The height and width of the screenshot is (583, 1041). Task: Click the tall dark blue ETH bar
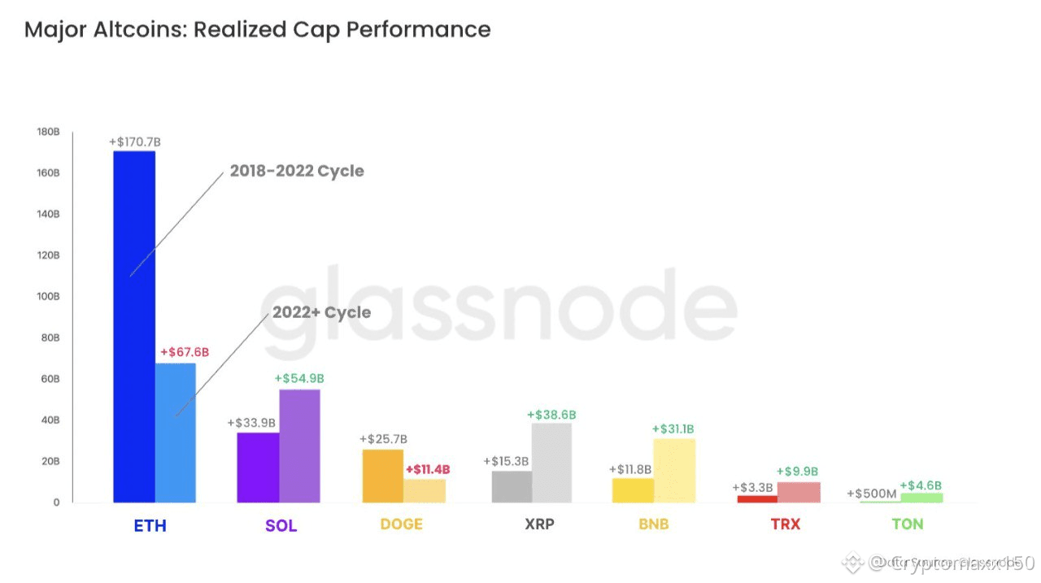click(x=134, y=325)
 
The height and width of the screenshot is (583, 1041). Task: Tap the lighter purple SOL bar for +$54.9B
click(x=299, y=446)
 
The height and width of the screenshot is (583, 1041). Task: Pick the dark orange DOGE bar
click(x=382, y=476)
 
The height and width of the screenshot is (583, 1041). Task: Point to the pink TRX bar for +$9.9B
click(x=798, y=492)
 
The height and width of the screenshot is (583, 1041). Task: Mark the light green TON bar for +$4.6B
click(x=921, y=497)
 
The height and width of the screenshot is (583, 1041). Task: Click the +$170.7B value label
click(x=135, y=142)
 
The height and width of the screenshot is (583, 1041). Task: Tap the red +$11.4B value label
click(x=428, y=469)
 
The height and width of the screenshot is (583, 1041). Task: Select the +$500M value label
click(x=872, y=494)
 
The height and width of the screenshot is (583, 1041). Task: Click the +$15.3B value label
click(x=506, y=461)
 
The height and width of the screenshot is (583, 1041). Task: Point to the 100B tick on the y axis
click(x=48, y=297)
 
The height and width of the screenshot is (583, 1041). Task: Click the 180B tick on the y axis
click(x=48, y=132)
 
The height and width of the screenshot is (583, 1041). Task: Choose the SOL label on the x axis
click(x=281, y=525)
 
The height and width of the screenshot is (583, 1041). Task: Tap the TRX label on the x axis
click(x=785, y=524)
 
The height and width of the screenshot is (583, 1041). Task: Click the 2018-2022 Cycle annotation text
click(x=297, y=172)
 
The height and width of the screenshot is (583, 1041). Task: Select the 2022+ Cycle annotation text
click(x=321, y=313)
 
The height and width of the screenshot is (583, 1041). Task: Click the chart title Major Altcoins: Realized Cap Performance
click(x=257, y=30)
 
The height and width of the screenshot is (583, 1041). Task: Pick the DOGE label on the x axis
click(x=401, y=524)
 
